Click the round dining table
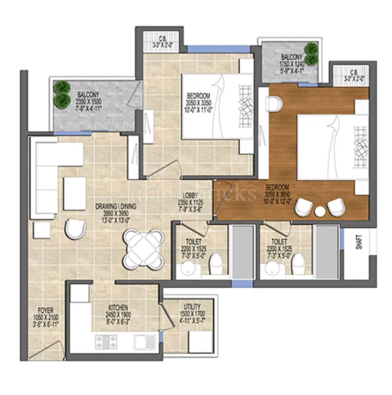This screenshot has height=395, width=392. (143, 249)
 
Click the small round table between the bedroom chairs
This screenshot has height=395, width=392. (319, 211)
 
